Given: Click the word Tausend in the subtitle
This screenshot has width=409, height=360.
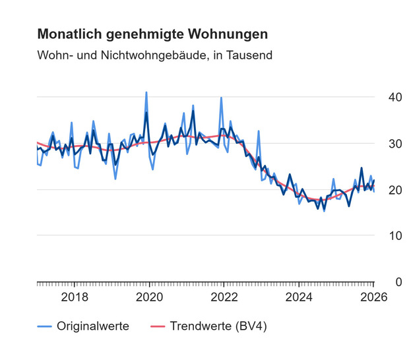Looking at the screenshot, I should pyautogui.click(x=250, y=55).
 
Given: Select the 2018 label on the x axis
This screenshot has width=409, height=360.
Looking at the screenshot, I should pyautogui.click(x=74, y=296).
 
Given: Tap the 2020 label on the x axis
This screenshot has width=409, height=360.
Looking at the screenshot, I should pyautogui.click(x=149, y=296).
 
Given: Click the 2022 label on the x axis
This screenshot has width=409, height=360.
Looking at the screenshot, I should pyautogui.click(x=224, y=296).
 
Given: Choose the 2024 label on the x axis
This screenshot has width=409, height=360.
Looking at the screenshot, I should pyautogui.click(x=298, y=296).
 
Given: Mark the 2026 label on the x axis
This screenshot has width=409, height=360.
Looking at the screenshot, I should pyautogui.click(x=373, y=296).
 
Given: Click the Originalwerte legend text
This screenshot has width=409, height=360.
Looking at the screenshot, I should pyautogui.click(x=92, y=326).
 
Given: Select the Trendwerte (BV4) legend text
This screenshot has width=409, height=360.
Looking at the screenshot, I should pyautogui.click(x=218, y=326).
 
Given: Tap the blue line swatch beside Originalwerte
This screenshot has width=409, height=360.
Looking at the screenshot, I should pyautogui.click(x=44, y=326).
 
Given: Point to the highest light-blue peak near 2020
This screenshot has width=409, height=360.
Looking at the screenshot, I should pyautogui.click(x=146, y=93).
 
